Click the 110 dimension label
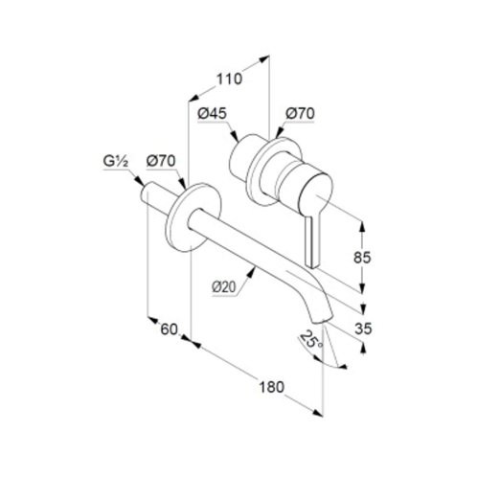(x=229, y=79)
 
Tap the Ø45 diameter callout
(x=212, y=113)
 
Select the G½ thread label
(x=116, y=162)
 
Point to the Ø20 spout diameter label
(x=224, y=287)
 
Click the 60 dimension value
(x=169, y=329)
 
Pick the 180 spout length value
(x=271, y=387)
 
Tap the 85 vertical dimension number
(x=362, y=258)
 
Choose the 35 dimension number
(x=363, y=329)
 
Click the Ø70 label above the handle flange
(x=300, y=113)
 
